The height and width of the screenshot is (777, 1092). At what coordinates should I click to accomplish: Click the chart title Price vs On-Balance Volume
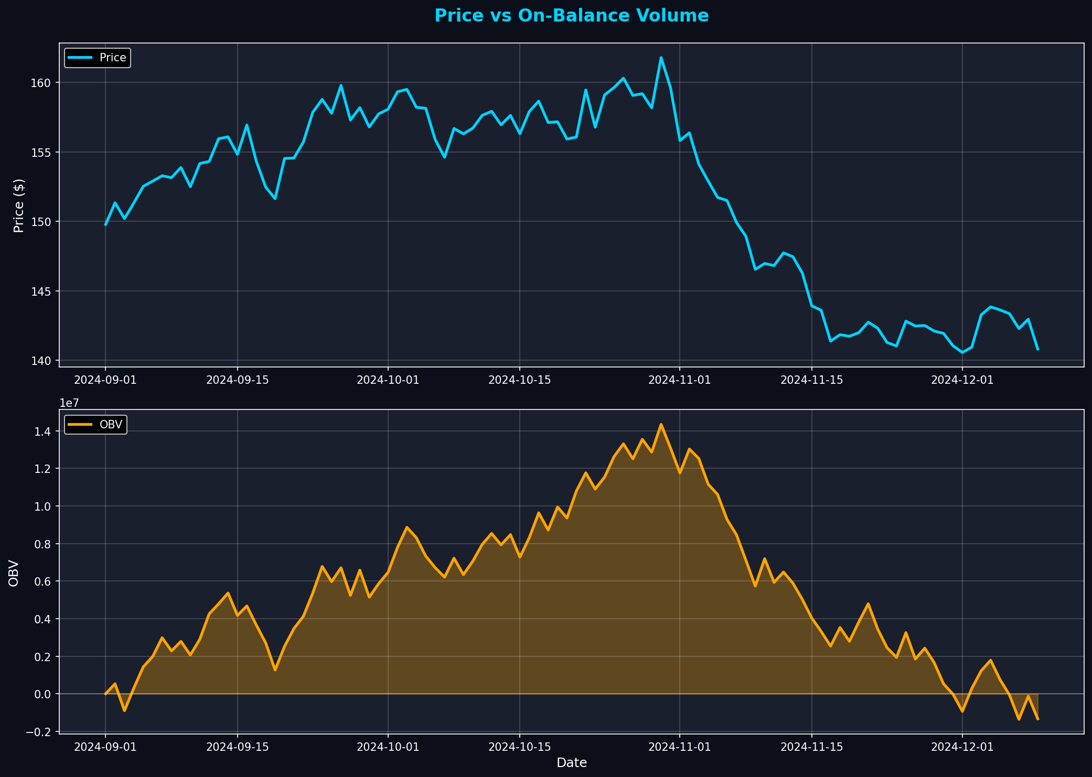coord(571,16)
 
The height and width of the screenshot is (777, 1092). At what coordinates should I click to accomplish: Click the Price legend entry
coord(113,58)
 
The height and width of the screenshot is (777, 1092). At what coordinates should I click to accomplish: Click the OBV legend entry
coord(111,425)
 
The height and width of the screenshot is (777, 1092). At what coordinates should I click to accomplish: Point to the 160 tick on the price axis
coord(44,83)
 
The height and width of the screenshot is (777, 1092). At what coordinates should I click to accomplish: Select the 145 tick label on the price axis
coord(44,291)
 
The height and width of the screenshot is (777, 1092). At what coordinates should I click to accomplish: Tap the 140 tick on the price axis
coord(44,361)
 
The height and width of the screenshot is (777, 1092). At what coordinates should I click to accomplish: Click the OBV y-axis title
coord(14,573)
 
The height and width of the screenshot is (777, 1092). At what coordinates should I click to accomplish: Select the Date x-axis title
coord(571,763)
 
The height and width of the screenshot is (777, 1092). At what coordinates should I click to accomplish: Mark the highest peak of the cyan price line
coord(661,58)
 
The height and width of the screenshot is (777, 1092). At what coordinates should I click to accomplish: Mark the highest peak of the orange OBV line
coord(661,424)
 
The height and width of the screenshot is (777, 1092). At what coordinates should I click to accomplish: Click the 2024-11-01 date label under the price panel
coord(680,380)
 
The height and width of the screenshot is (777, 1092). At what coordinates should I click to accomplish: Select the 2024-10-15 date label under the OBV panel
coord(519,747)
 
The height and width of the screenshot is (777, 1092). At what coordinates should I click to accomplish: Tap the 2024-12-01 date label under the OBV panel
coord(962,747)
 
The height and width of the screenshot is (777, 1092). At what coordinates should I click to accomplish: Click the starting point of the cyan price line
coord(105,225)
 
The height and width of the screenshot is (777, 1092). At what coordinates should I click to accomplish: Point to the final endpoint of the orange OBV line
coord(1037,719)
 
